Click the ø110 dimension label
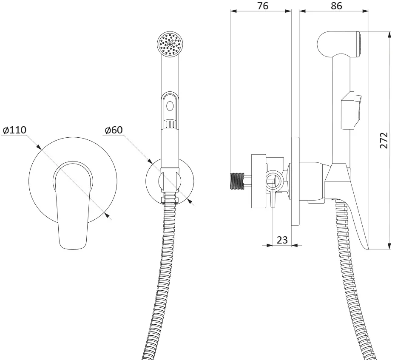(14, 130)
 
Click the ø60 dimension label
(114, 130)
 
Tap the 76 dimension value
(263, 6)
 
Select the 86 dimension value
(336, 6)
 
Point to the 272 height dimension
(384, 140)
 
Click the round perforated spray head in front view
(170, 44)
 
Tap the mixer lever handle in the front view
(73, 205)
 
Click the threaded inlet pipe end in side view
(237, 181)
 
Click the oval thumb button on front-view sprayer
(170, 105)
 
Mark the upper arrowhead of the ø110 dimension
(38, 147)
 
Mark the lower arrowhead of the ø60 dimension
(190, 201)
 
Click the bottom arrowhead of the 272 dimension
(389, 246)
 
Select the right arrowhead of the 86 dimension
(366, 11)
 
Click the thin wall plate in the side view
(295, 181)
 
